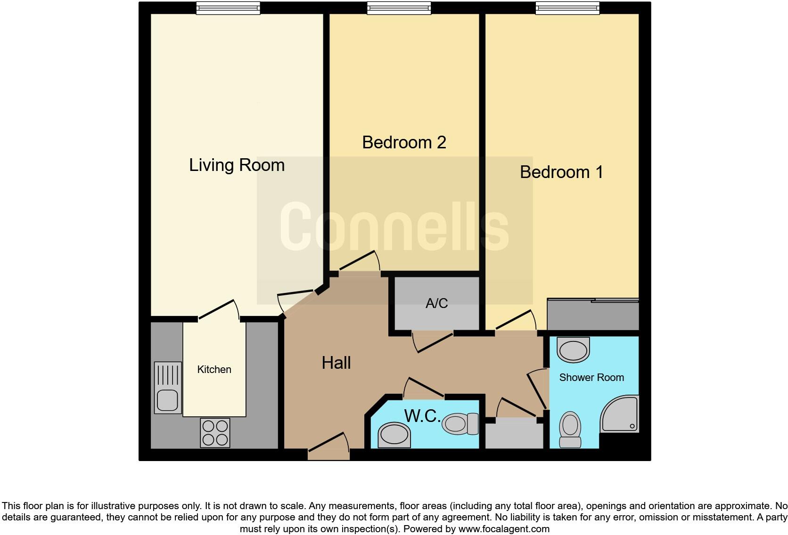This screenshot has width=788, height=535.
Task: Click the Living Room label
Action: (x=237, y=165)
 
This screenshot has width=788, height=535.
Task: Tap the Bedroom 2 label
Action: (x=404, y=142)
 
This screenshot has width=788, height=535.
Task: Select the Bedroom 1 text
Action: (x=561, y=172)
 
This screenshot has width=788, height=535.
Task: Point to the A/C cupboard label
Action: (x=436, y=303)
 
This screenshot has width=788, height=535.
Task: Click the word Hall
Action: (x=336, y=363)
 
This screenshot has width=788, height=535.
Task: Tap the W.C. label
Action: (x=422, y=416)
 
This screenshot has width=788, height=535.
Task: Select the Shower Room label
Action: (x=591, y=377)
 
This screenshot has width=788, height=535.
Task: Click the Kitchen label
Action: (x=214, y=369)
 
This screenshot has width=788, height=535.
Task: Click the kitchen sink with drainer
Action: (x=168, y=388)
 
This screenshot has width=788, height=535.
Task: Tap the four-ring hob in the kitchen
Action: (x=215, y=433)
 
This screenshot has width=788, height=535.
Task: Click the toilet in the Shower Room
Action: (x=570, y=429)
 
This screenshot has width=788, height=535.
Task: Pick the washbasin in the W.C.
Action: (x=394, y=435)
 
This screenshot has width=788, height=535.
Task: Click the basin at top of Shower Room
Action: (x=573, y=349)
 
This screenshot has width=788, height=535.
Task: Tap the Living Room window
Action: (x=228, y=8)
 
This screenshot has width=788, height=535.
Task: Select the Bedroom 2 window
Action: (x=399, y=8)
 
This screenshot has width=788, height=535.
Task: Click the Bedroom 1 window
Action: (x=567, y=8)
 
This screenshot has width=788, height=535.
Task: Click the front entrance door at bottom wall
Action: (x=329, y=453)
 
